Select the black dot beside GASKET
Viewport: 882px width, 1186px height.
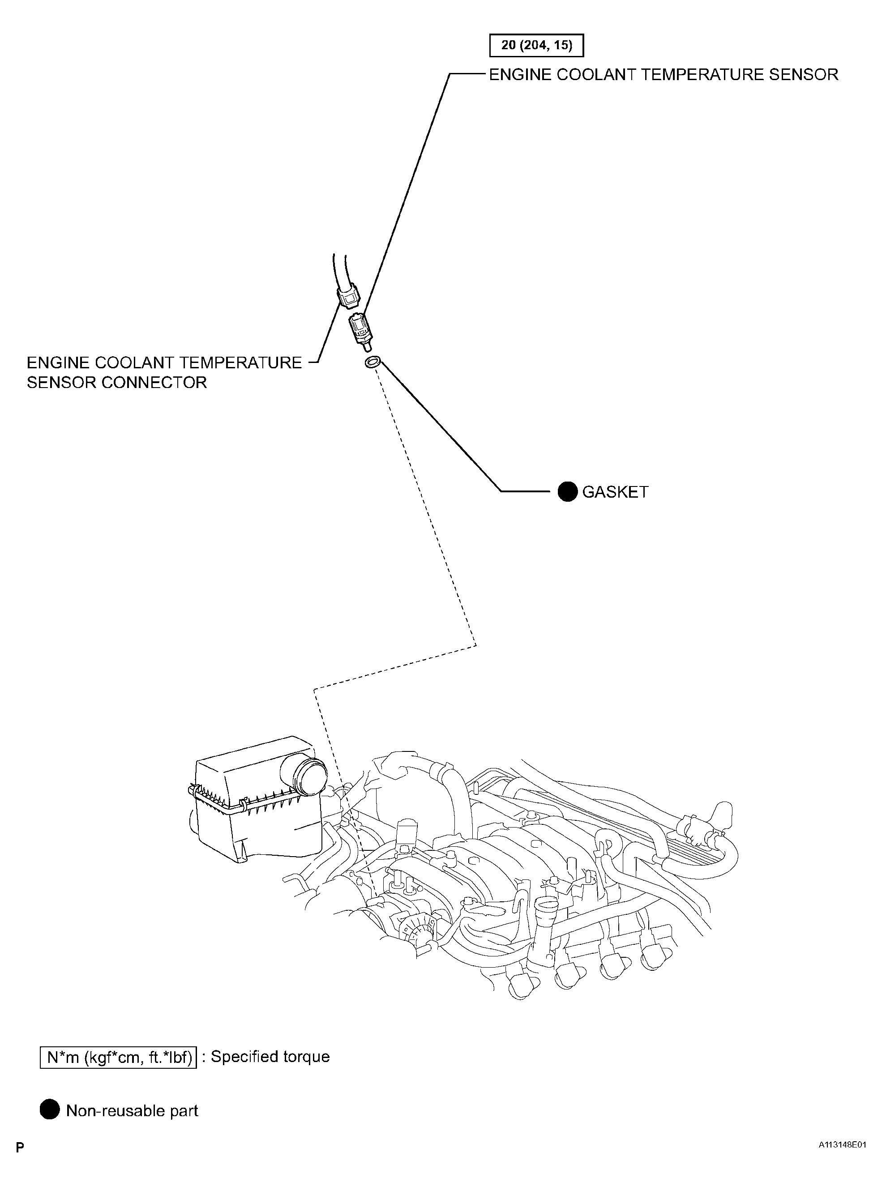[x=568, y=491]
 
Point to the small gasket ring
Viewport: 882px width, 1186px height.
[x=372, y=363]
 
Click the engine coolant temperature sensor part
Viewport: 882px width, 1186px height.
[x=360, y=330]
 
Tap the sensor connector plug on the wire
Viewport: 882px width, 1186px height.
[x=348, y=295]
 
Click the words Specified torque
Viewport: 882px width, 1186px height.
[x=270, y=1057]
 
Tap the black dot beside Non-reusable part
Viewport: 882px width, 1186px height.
[x=50, y=1111]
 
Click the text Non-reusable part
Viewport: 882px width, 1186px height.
[x=132, y=1111]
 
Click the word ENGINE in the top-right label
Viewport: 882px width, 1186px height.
[x=520, y=74]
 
